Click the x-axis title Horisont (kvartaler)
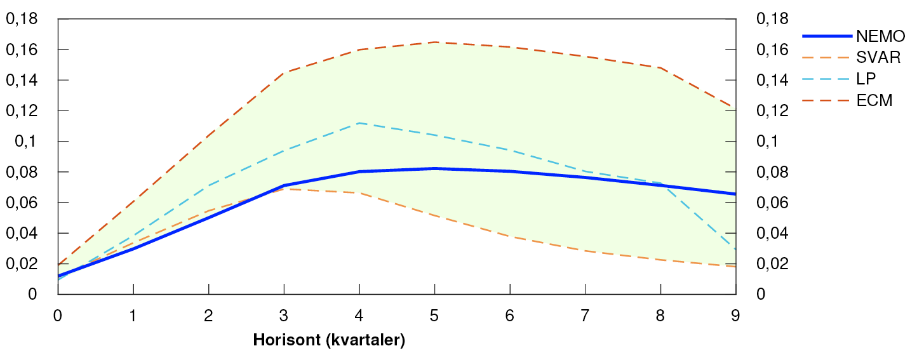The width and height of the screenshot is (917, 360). [329, 340]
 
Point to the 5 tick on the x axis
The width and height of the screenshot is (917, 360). [435, 316]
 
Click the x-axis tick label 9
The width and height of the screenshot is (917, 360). [735, 316]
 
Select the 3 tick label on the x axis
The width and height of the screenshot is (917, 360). [284, 316]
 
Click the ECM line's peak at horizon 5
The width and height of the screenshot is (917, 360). [435, 42]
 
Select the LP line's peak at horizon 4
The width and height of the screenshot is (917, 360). [359, 123]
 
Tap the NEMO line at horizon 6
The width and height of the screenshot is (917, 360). [510, 171]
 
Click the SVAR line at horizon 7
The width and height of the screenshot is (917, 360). [585, 251]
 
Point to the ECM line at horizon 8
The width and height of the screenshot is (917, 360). [660, 68]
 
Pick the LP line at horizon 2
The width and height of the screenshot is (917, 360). [208, 186]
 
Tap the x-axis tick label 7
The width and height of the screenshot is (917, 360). [585, 316]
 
